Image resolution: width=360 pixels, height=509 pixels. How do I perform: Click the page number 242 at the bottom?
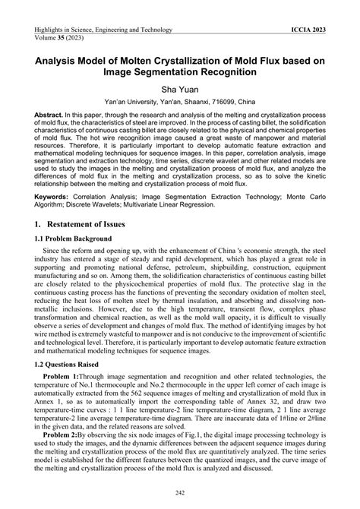[180, 492]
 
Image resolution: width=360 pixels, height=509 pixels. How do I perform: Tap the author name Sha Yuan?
[180, 88]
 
